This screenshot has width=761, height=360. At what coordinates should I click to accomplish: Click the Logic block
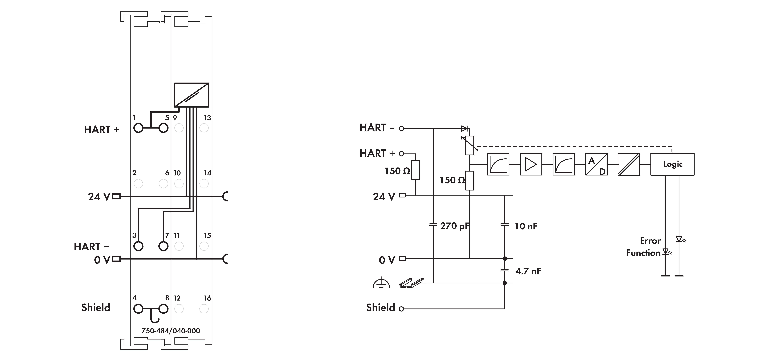672,164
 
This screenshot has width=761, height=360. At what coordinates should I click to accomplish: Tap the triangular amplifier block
531,164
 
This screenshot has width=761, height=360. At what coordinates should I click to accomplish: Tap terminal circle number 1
138,128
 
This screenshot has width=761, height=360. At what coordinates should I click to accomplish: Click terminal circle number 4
138,309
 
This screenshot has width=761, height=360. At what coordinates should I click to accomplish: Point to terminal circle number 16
204,309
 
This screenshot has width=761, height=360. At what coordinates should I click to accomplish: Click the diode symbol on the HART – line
464,128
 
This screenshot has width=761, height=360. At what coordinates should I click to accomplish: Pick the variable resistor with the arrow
469,145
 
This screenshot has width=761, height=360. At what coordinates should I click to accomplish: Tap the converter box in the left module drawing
191,95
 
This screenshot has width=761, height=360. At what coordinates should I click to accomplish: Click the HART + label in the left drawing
101,130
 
